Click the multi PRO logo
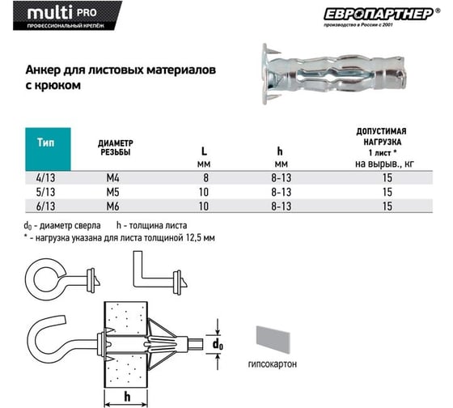click(x=67, y=15)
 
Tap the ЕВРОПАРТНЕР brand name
click(x=379, y=15)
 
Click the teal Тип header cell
click(x=48, y=149)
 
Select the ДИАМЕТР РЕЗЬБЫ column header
click(x=115, y=148)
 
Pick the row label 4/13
click(x=45, y=177)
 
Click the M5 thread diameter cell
click(x=112, y=192)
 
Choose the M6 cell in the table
click(x=112, y=206)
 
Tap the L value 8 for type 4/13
click(x=205, y=177)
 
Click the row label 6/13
click(x=45, y=206)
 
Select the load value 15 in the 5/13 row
click(x=387, y=192)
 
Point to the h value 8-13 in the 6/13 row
click(x=282, y=206)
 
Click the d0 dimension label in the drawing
click(x=218, y=344)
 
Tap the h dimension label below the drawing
click(x=127, y=397)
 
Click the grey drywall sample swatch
click(x=273, y=340)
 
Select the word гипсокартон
click(x=273, y=363)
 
